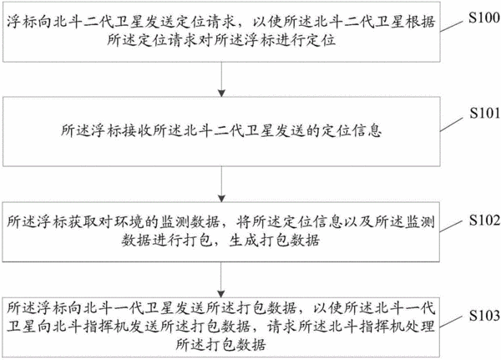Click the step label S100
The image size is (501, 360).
coord(484,18)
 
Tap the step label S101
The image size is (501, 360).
coord(484,113)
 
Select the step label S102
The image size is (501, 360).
coord(484,220)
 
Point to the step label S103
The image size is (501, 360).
coord(484,316)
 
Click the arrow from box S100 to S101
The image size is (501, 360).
coord(221,79)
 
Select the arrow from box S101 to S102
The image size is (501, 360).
coord(221,184)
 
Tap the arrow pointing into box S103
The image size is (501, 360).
coord(221,280)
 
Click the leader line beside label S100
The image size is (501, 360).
coord(452,26)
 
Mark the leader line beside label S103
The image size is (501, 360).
coord(451,322)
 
